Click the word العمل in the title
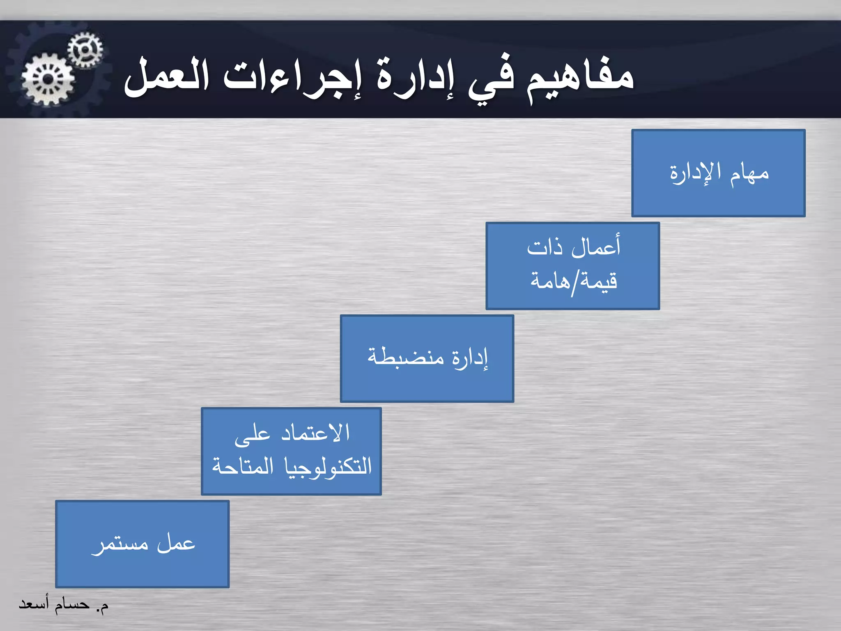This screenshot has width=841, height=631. (x=166, y=76)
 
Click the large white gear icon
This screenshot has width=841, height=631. (x=48, y=79)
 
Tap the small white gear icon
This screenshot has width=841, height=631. (x=85, y=50)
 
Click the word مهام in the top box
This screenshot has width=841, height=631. (x=749, y=173)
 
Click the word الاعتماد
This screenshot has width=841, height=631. (x=315, y=433)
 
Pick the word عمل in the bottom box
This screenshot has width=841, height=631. (x=176, y=543)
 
